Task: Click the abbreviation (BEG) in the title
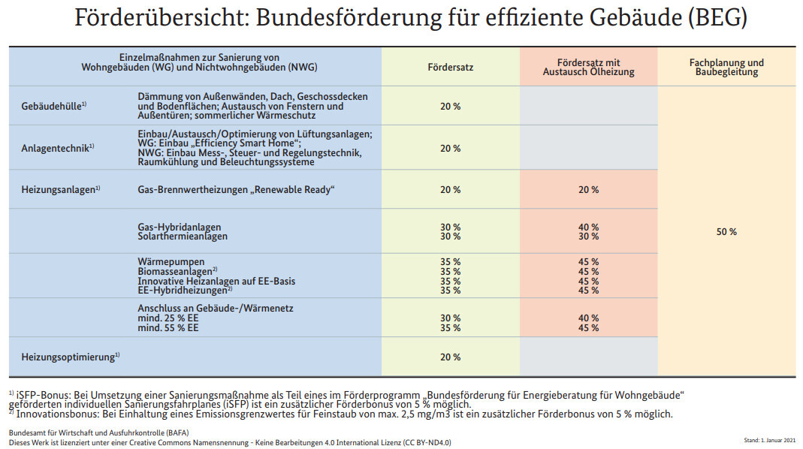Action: [x=717, y=18]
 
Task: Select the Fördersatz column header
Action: [x=450, y=68]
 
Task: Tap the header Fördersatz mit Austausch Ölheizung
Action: [x=588, y=68]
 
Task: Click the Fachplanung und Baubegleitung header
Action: [x=726, y=68]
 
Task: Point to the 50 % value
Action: [x=726, y=232]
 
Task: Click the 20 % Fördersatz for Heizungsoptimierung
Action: [x=450, y=357]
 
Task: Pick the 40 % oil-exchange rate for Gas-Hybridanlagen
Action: [x=588, y=227]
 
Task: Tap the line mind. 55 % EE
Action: [x=168, y=328]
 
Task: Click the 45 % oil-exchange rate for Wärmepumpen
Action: [x=588, y=262]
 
